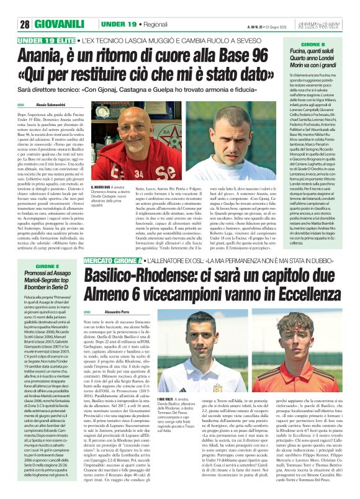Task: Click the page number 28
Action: (25, 24)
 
